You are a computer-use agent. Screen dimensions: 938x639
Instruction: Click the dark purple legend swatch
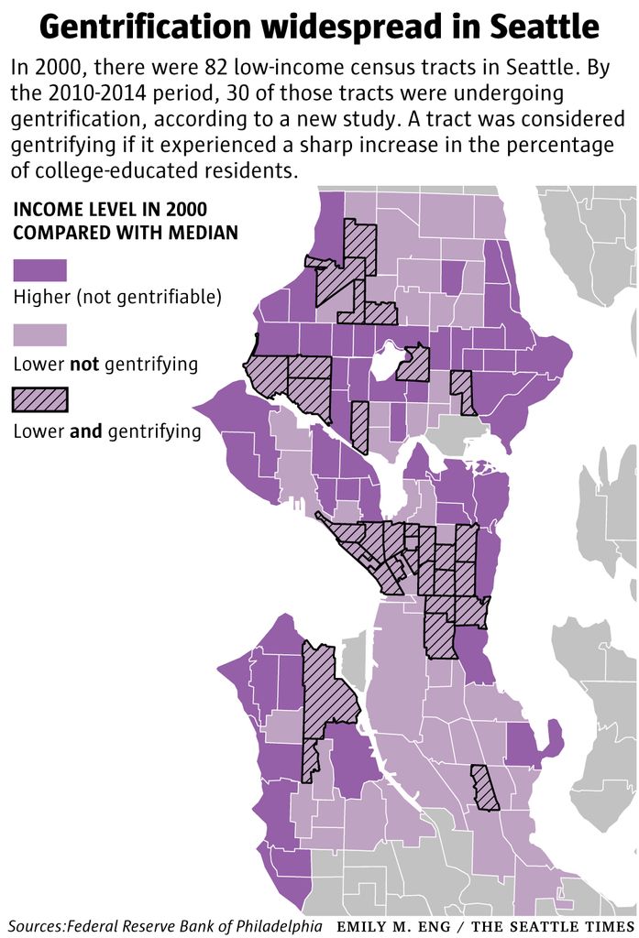click(x=39, y=270)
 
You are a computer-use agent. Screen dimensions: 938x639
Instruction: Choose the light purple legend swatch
click(x=39, y=334)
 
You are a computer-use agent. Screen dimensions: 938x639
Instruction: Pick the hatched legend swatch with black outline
click(x=39, y=399)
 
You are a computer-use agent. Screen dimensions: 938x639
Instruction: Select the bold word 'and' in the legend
click(x=87, y=430)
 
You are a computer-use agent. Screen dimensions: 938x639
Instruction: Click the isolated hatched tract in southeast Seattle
click(x=484, y=788)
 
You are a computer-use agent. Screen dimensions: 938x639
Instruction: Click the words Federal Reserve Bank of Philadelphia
click(x=194, y=925)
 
